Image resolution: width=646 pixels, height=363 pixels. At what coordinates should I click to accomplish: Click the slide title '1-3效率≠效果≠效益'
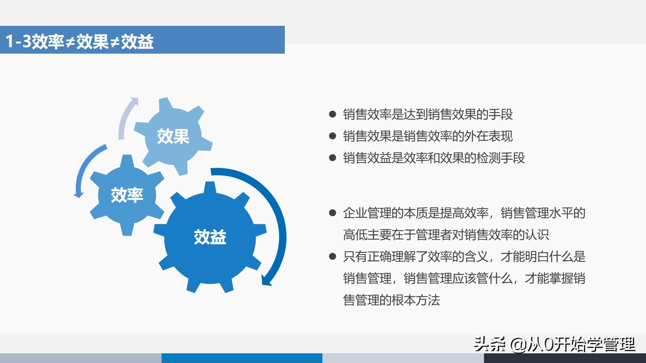79,41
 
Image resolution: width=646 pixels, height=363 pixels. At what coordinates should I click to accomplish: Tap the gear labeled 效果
173,136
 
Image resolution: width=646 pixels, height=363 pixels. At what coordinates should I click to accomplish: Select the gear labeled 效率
127,195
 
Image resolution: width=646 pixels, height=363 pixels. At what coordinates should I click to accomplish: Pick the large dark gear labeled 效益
210,237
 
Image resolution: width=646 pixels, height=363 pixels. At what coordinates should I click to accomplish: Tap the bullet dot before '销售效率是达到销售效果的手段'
332,114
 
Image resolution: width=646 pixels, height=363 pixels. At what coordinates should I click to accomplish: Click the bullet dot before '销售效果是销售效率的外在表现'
332,136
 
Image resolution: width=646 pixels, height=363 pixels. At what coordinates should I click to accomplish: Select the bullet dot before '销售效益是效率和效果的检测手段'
332,158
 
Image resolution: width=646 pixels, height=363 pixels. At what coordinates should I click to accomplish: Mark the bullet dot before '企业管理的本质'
332,213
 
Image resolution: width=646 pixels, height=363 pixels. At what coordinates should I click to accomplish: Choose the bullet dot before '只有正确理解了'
332,256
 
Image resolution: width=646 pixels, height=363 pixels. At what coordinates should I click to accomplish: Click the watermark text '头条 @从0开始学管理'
555,344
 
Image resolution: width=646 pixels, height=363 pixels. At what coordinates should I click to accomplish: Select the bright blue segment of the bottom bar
242,358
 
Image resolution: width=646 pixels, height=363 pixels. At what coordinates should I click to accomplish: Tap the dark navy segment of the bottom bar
565,358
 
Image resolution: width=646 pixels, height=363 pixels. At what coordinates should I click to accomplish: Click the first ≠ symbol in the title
70,42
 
